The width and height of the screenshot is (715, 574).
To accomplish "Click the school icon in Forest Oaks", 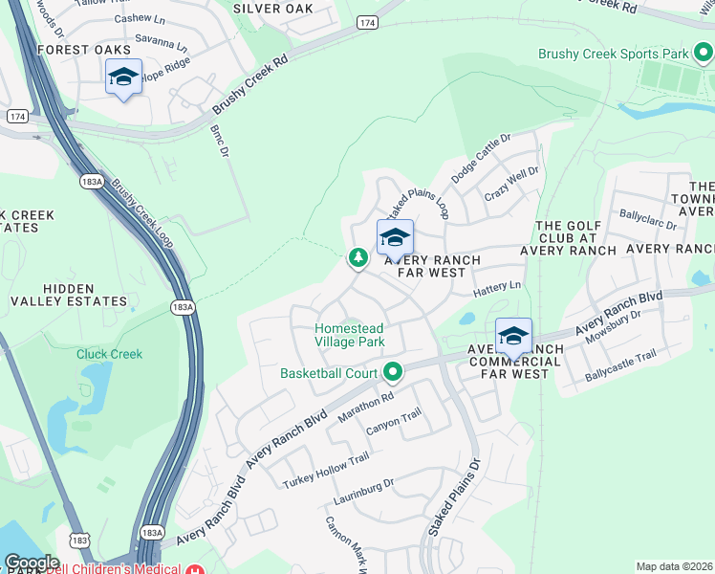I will tap(123, 77).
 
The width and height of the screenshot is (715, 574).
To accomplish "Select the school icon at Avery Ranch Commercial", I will tap(513, 337).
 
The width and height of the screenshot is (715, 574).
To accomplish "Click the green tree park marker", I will tap(358, 257).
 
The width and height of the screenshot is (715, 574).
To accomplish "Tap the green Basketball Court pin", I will tap(392, 371).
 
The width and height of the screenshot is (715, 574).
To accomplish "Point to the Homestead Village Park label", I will tap(350, 335).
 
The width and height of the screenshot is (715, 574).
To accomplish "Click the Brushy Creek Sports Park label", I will tap(613, 55).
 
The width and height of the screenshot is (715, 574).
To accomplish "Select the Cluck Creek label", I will tap(110, 354).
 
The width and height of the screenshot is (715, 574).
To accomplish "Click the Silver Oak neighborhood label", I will tap(272, 9).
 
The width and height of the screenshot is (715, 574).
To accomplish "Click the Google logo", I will tap(31, 562).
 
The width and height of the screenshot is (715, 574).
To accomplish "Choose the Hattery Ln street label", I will tap(498, 285).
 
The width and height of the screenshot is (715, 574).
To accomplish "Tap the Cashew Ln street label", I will tap(140, 18).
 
